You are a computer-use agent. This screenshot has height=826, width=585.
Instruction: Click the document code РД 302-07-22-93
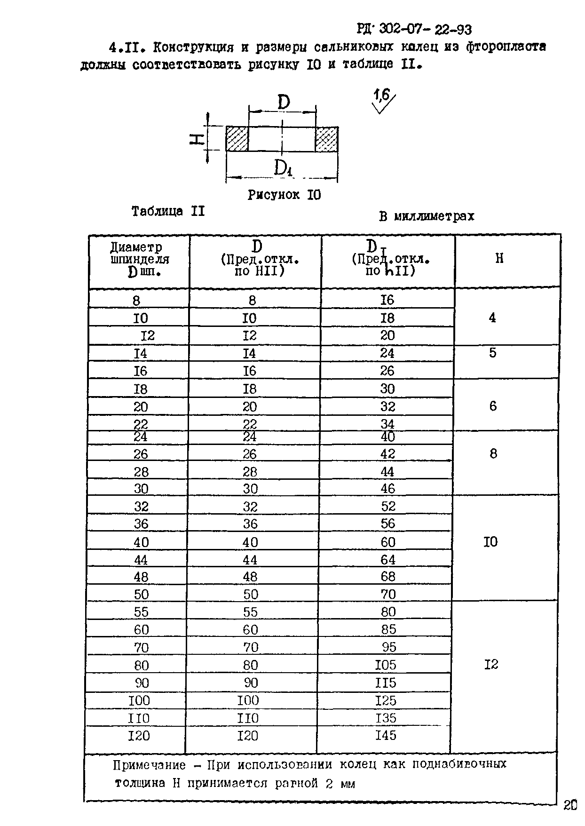point(414,30)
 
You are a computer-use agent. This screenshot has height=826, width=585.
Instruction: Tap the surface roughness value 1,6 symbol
point(382,96)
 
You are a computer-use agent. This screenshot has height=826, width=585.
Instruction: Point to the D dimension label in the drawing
point(284,102)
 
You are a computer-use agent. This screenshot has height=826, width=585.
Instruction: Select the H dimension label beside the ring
point(197,139)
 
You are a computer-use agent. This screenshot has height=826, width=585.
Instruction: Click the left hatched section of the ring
point(237,139)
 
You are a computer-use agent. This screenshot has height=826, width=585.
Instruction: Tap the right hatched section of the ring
point(326,139)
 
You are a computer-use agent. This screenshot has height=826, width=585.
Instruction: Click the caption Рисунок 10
point(284,195)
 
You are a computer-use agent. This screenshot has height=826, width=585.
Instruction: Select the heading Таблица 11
point(168,211)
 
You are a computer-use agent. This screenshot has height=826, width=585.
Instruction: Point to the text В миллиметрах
point(427,216)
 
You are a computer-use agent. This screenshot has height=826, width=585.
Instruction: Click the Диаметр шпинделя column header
point(139,259)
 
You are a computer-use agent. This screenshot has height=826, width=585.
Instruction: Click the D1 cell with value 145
point(386,735)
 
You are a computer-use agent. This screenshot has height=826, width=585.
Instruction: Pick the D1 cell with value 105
point(386,665)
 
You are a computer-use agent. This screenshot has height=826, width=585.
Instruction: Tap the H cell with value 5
point(492,353)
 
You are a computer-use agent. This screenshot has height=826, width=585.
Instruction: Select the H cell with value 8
point(493,453)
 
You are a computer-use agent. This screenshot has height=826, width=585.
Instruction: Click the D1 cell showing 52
point(388,506)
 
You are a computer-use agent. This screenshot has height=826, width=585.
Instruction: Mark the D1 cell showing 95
point(389,647)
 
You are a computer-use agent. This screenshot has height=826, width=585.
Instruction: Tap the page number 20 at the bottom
point(570,805)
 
